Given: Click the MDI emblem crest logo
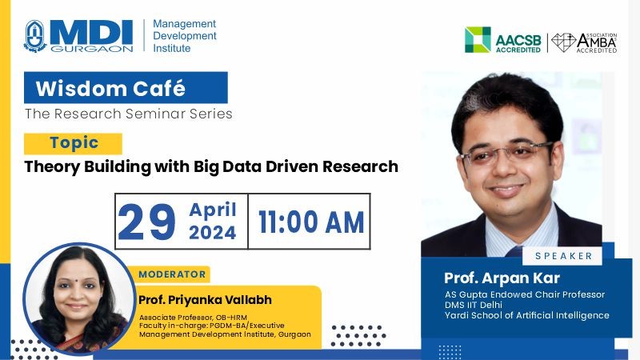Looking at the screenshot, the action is (35, 36).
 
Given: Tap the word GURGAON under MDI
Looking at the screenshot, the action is (92, 49).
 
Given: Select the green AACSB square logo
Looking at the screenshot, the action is (478, 39).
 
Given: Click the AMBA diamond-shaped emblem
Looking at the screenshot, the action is (563, 42).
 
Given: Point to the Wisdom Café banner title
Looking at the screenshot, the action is (110, 88).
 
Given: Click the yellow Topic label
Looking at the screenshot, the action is (73, 143).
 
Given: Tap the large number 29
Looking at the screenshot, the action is (146, 222).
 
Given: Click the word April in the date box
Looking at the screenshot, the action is (213, 210).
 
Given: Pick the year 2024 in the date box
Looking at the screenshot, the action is (212, 233).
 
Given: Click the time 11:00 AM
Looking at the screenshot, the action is (311, 222).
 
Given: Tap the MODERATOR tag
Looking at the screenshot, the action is (172, 274).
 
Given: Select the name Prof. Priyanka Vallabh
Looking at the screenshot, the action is (205, 300).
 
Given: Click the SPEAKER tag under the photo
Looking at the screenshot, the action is (564, 256).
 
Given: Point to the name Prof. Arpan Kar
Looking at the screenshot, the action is (502, 278).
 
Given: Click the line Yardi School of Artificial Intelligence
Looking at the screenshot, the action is (527, 315).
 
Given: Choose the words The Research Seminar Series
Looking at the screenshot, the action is (129, 114).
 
